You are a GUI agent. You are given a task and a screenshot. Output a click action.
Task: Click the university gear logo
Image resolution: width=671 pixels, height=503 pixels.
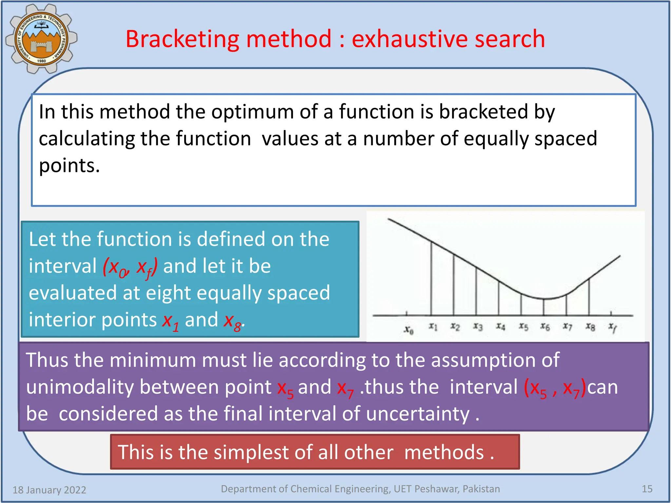41,39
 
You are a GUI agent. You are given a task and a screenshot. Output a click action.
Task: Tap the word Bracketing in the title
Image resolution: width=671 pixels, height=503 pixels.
183,39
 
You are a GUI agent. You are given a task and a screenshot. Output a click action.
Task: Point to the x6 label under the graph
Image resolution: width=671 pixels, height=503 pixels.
545,326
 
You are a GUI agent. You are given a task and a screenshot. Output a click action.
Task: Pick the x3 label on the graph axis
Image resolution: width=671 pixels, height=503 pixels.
478,326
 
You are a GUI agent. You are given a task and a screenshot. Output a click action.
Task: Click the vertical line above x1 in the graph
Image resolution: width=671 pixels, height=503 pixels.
431,278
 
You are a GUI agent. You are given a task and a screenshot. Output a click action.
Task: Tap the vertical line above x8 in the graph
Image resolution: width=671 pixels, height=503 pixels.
589,296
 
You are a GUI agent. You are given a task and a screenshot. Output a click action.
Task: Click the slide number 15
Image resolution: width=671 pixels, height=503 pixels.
647,489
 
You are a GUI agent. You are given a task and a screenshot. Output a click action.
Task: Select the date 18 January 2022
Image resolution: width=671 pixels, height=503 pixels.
49,490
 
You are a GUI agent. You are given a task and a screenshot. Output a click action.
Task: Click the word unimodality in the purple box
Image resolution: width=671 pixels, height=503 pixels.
80,387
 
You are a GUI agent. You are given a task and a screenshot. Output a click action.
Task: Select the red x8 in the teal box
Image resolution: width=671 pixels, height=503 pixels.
233,321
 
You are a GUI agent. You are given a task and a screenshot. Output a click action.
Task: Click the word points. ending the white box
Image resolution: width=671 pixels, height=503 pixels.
69,166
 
